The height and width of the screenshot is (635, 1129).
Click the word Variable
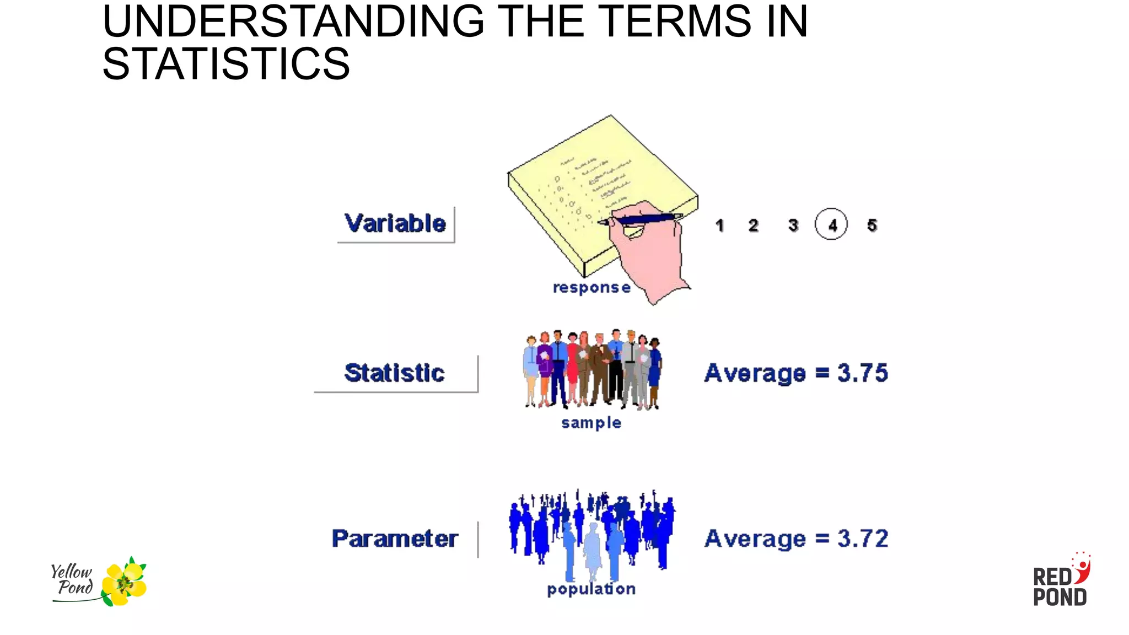(x=395, y=223)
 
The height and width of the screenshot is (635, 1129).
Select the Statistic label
(x=394, y=373)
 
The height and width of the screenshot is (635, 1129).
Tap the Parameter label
(x=395, y=539)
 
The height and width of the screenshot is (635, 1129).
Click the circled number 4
(x=831, y=224)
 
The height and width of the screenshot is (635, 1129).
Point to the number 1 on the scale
(x=719, y=225)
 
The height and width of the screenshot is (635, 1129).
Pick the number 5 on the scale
(x=872, y=225)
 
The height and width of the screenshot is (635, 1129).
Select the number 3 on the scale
(x=793, y=225)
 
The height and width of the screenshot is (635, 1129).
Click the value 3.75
(x=863, y=373)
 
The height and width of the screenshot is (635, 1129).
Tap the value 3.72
(x=863, y=539)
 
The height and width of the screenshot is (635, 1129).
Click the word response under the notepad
(x=592, y=288)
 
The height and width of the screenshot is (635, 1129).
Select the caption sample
(x=591, y=423)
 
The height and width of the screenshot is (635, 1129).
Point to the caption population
(x=591, y=589)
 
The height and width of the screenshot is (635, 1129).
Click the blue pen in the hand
(x=645, y=219)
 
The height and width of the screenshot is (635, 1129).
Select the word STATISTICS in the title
(x=226, y=63)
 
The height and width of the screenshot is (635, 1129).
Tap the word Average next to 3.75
(x=755, y=373)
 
